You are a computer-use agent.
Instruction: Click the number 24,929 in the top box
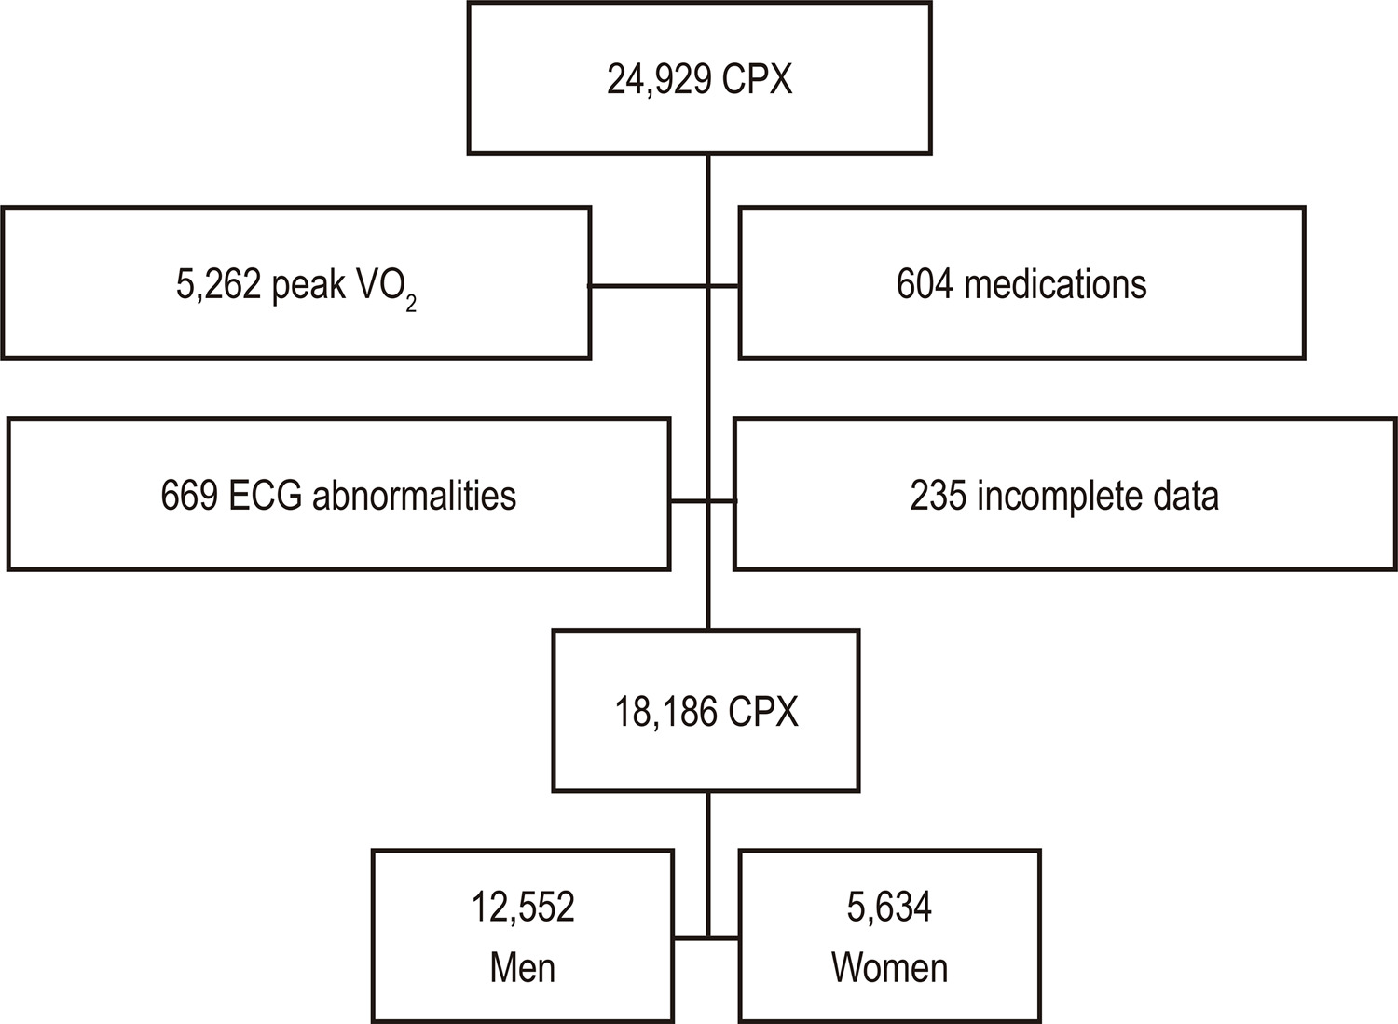click(660, 80)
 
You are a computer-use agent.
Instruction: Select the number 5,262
click(218, 285)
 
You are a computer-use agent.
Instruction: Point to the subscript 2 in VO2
click(411, 304)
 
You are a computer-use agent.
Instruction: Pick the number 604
click(925, 284)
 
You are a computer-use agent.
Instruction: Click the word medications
click(1055, 284)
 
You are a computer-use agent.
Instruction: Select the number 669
click(189, 496)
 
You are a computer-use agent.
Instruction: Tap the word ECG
click(266, 496)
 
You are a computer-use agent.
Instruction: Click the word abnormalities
click(415, 496)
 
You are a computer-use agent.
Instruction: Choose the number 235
click(938, 496)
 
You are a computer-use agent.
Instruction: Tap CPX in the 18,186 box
click(763, 711)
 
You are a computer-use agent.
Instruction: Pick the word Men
click(522, 968)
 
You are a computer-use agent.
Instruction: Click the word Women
click(889, 968)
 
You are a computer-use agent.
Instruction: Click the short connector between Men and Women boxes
click(706, 938)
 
